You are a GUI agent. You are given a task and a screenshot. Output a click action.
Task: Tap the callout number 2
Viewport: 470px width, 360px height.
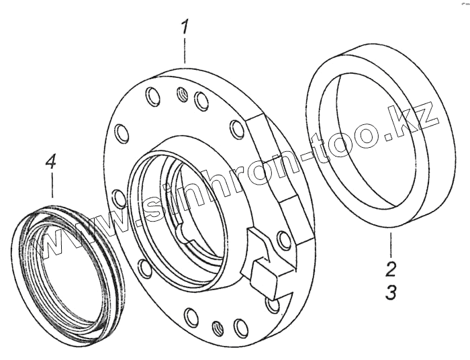pos(391,269)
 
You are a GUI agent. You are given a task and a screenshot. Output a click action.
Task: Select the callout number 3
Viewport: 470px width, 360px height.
pos(391,292)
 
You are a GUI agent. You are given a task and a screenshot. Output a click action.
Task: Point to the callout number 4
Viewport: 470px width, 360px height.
pos(50,163)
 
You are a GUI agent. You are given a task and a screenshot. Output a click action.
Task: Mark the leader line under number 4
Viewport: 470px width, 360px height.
pos(52,185)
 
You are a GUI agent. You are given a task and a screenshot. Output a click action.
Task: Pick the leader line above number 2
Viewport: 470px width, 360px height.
pos(390,244)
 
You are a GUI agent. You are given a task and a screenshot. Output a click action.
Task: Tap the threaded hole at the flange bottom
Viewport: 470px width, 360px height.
pos(218,328)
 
